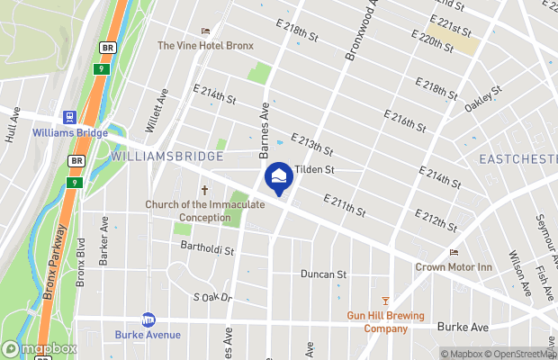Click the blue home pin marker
(279, 175)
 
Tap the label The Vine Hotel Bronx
(205, 45)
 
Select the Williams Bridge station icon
(68, 117)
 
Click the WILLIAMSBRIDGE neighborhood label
(166, 157)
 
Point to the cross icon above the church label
(204, 191)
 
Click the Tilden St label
(316, 168)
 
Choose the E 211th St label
(346, 206)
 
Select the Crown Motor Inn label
(454, 266)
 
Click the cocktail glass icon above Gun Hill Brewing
(386, 301)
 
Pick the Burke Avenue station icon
(148, 319)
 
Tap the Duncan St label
(323, 274)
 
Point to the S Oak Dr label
(212, 297)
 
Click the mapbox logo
(40, 348)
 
